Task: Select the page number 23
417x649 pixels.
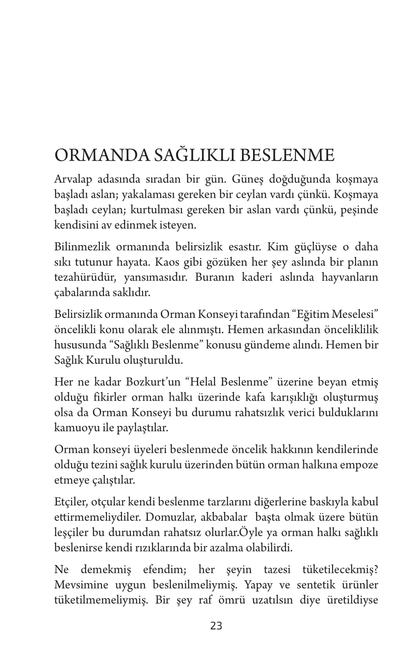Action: (216, 626)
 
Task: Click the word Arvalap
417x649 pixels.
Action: (73, 180)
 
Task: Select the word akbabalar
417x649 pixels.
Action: (224, 517)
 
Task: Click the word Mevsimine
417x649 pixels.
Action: (81, 585)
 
